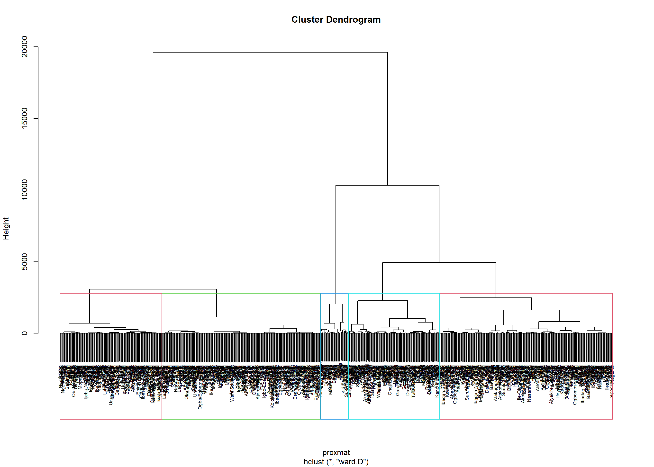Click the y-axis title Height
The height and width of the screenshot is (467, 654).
tap(6, 229)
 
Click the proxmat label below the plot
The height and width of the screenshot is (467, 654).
tap(336, 452)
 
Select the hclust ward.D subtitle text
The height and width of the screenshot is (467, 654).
tap(336, 462)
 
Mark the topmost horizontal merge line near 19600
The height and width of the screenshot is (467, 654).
tap(270, 52)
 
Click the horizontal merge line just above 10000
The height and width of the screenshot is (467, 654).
tap(387, 186)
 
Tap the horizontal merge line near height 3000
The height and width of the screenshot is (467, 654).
tap(153, 289)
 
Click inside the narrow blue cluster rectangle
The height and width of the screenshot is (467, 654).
tap(334, 408)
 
